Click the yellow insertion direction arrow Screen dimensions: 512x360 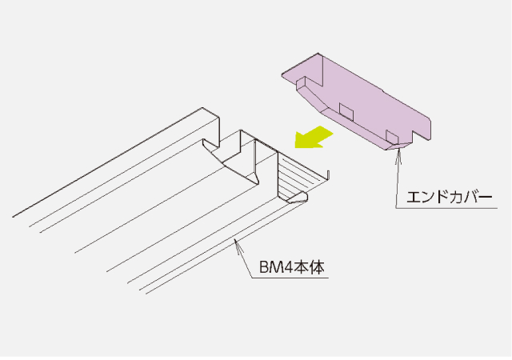[x=314, y=138]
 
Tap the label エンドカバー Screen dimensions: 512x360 [x=449, y=198]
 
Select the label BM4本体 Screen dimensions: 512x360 [x=292, y=267]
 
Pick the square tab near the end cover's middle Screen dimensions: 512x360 [x=346, y=111]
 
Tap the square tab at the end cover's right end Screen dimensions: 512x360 [x=392, y=137]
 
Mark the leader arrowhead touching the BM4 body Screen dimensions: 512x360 [x=238, y=246]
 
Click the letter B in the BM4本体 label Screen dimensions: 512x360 [x=264, y=268]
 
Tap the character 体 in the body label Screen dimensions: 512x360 [x=318, y=267]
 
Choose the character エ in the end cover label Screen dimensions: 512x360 [x=414, y=198]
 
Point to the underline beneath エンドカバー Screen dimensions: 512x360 [x=446, y=208]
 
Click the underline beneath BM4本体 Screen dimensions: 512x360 [x=290, y=278]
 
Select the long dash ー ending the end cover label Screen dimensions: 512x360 [x=485, y=198]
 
